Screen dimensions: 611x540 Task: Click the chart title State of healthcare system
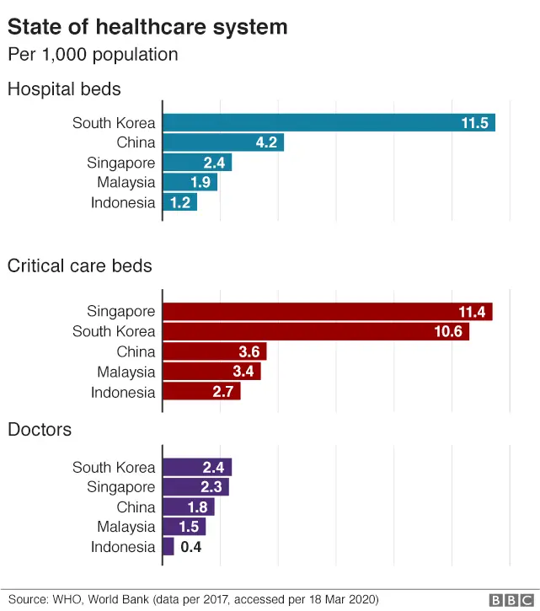point(147,27)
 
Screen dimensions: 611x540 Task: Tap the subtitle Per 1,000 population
point(93,55)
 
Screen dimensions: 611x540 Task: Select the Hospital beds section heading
point(64,88)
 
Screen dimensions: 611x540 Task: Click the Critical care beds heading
point(79,266)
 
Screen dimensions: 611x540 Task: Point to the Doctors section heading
point(40,430)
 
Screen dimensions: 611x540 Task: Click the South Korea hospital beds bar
point(329,122)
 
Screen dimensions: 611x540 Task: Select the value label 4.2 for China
point(267,142)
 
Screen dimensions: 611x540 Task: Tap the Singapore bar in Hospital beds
point(196,163)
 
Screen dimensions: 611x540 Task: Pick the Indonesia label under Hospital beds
point(123,202)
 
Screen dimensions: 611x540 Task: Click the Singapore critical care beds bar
point(327,312)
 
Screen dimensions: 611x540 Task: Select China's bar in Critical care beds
point(214,351)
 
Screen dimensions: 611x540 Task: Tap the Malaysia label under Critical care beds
point(126,372)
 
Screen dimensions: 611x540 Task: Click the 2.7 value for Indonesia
point(223,392)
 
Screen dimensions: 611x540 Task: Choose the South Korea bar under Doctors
point(196,467)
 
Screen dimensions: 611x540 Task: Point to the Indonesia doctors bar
point(168,547)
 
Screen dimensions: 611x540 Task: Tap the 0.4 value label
point(191,547)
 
